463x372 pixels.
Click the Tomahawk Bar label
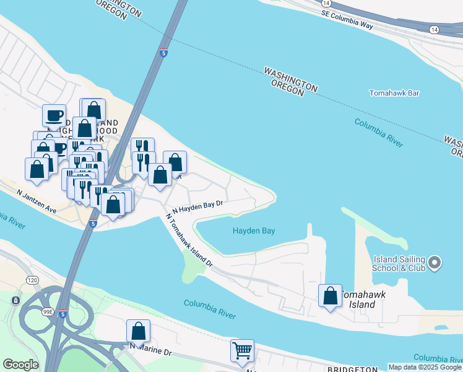coord(394,93)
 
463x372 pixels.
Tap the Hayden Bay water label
coord(254,231)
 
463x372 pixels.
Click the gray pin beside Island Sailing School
coord(435,263)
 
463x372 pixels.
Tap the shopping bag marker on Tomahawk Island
coord(330,296)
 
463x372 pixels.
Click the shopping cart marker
coord(242,350)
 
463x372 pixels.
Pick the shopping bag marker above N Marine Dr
coord(138,331)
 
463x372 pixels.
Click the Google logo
coord(20,365)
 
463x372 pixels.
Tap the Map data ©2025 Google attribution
coord(425,367)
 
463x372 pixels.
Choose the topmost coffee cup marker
coord(54,115)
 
